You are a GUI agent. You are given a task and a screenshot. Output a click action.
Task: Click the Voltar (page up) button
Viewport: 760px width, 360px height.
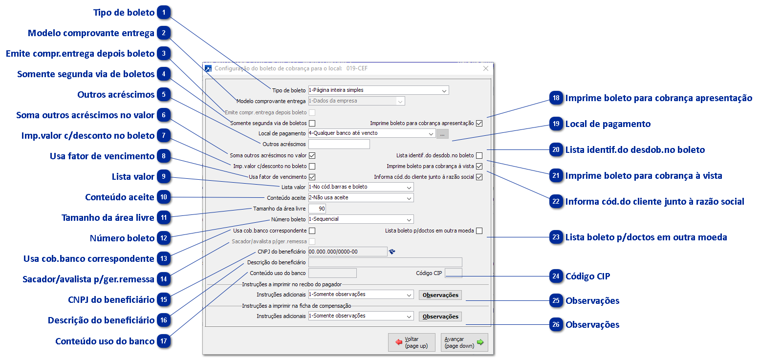(x=412, y=342)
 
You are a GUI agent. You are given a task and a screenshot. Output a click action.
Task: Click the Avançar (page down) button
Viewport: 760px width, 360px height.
(x=464, y=342)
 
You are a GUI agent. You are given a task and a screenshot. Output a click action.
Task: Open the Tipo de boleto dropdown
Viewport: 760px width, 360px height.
(x=378, y=90)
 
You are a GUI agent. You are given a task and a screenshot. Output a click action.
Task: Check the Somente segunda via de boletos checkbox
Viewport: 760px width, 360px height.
(x=312, y=123)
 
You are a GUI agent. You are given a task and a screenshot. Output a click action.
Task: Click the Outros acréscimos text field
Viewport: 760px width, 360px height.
(x=339, y=144)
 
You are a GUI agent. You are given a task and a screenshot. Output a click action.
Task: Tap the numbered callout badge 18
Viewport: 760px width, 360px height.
(x=556, y=98)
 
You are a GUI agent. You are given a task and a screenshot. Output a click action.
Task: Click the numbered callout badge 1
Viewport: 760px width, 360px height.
(x=164, y=13)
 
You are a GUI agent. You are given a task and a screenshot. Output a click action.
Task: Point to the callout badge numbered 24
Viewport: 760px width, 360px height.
(x=556, y=276)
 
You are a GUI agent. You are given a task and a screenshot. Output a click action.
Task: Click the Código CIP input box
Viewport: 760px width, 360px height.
(x=453, y=273)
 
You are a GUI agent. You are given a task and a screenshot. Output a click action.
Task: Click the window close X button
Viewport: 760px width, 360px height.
(x=485, y=69)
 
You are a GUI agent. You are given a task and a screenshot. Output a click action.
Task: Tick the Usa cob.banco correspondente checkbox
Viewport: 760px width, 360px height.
(x=312, y=231)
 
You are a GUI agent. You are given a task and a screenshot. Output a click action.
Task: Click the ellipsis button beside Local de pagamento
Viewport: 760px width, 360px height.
(x=442, y=133)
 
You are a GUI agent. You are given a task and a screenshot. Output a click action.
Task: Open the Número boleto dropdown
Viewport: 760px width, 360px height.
(x=361, y=219)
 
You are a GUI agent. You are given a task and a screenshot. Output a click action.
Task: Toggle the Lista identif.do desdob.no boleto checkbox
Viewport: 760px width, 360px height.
(x=479, y=156)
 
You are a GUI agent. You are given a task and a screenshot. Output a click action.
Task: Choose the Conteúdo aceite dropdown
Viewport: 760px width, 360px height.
(x=361, y=198)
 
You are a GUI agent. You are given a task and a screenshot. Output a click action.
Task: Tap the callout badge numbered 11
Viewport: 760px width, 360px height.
(x=164, y=218)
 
